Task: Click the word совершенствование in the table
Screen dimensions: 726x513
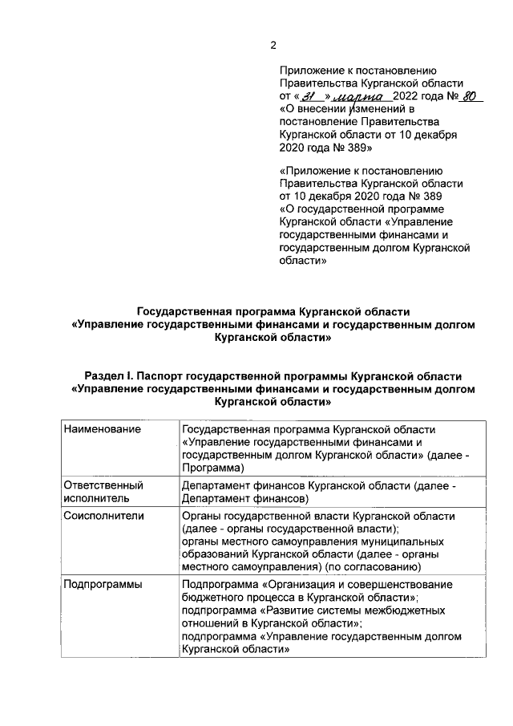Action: coord(402,585)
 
